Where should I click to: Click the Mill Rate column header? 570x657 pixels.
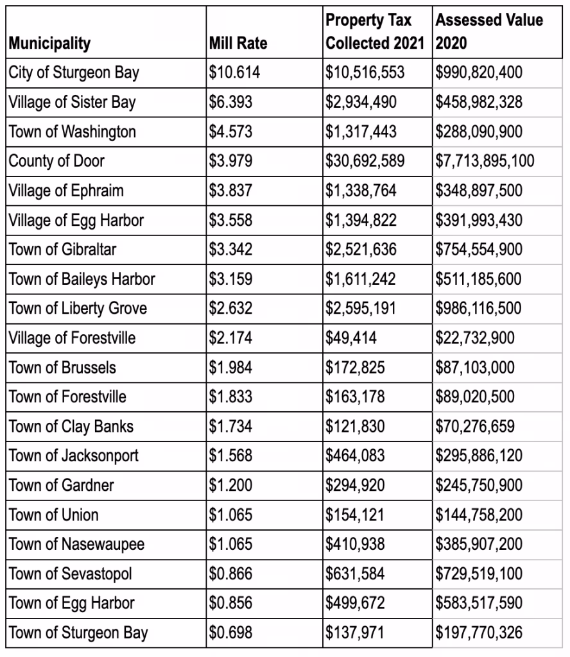pyautogui.click(x=238, y=44)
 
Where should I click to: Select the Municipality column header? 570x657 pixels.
pyautogui.click(x=49, y=44)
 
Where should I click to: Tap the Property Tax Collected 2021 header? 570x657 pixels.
pyautogui.click(x=375, y=32)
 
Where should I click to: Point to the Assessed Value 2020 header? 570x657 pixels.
pyautogui.click(x=488, y=32)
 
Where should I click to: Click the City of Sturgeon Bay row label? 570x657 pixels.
pyautogui.click(x=73, y=73)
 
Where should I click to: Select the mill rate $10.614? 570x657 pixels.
pyautogui.click(x=235, y=73)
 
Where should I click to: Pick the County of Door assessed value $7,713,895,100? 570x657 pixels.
pyautogui.click(x=485, y=161)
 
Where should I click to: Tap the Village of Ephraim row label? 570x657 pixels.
pyautogui.click(x=66, y=191)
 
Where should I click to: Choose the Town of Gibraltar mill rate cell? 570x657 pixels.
pyautogui.click(x=231, y=250)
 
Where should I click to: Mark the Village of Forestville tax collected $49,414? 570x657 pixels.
pyautogui.click(x=350, y=337)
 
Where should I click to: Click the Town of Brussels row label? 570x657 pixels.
pyautogui.click(x=62, y=368)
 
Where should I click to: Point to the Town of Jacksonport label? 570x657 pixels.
pyautogui.click(x=73, y=456)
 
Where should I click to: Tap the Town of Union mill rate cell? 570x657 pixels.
pyautogui.click(x=231, y=515)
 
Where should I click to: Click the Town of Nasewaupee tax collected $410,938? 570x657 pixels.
pyautogui.click(x=355, y=545)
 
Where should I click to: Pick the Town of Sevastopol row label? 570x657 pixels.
pyautogui.click(x=70, y=574)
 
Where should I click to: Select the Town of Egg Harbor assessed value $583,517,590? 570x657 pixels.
pyautogui.click(x=479, y=604)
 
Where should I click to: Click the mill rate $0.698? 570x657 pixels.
pyautogui.click(x=231, y=633)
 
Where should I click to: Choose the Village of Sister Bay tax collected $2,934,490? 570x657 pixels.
pyautogui.click(x=361, y=102)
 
